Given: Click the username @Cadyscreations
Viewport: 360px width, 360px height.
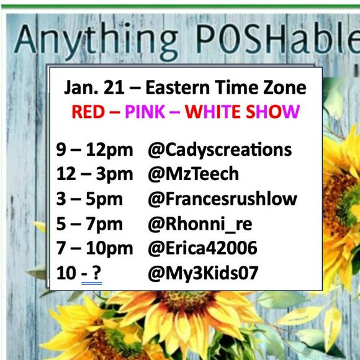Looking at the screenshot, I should [220, 150].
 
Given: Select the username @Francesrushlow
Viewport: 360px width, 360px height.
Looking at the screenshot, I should [222, 199].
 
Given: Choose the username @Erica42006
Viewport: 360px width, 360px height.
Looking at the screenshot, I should [202, 248].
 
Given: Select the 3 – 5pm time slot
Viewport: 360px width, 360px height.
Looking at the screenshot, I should [89, 199].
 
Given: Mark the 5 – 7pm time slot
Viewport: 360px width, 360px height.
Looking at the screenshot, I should [89, 223].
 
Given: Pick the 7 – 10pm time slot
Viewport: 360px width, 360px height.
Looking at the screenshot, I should [94, 248].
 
